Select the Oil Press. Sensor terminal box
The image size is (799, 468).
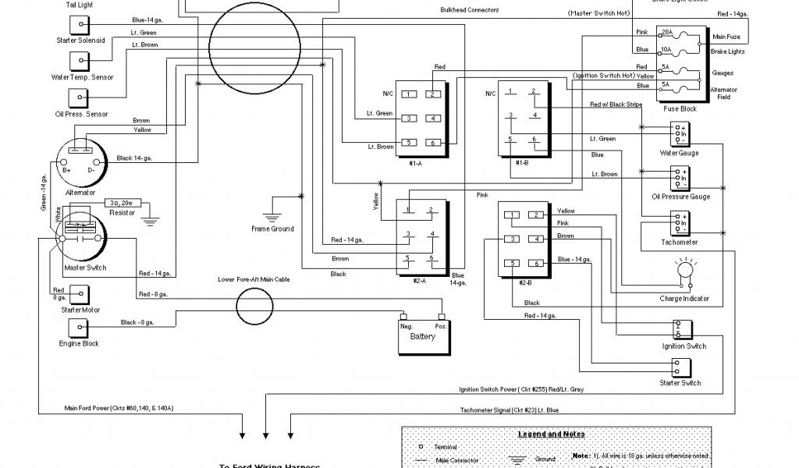click(x=80, y=97)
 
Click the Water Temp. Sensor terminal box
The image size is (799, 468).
click(x=80, y=60)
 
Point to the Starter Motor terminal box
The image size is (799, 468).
click(x=80, y=294)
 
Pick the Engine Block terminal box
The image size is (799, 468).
click(x=80, y=327)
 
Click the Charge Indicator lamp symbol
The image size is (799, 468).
click(x=685, y=271)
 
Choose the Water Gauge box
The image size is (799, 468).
click(x=679, y=133)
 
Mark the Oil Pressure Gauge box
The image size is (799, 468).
click(x=679, y=178)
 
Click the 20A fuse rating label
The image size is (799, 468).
click(x=666, y=33)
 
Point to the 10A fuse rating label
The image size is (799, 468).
click(x=666, y=50)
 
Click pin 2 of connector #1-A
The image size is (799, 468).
click(x=431, y=94)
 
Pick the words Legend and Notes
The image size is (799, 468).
click(x=551, y=434)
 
